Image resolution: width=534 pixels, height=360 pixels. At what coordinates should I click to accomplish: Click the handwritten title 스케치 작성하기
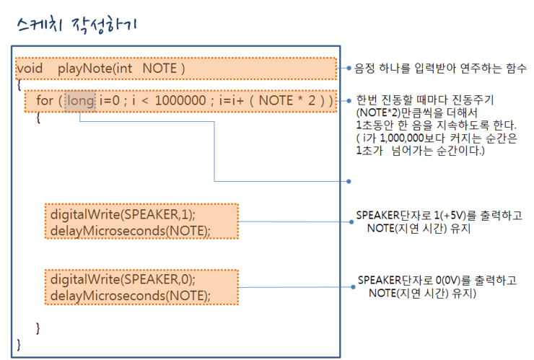coord(77,25)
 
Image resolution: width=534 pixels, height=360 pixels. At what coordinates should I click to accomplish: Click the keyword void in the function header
coord(30,69)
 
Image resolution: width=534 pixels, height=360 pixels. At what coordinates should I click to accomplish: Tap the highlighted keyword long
coord(80,101)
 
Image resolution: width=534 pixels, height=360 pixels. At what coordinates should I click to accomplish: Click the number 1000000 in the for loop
coord(180,100)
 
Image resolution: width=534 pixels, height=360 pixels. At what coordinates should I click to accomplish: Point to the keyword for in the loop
coord(45,100)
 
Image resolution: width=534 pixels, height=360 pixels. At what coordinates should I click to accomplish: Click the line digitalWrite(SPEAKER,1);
coord(123,214)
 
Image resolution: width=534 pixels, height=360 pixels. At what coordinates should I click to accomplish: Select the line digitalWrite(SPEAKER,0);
coord(123,280)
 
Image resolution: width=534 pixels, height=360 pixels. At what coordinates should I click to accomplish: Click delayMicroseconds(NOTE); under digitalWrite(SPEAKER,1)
coord(131,231)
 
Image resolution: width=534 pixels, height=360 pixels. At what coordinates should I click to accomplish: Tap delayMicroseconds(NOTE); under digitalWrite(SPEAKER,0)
coord(131,296)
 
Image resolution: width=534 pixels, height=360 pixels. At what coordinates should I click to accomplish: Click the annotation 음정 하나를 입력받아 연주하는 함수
coord(440,68)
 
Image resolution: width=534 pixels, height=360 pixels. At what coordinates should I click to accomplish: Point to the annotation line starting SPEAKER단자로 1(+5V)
coord(439,215)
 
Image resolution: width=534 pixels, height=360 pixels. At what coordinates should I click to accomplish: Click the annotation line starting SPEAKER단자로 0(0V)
coord(437,281)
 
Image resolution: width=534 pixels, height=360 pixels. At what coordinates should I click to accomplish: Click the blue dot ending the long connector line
coord(349,181)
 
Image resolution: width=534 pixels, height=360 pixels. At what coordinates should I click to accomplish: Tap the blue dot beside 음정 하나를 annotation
coord(349,68)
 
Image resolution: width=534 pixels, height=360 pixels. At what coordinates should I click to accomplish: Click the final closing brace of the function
coord(19,345)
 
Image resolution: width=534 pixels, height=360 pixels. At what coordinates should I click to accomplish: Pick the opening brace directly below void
coord(19,84)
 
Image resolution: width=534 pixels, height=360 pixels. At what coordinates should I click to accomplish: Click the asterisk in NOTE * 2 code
coord(300,99)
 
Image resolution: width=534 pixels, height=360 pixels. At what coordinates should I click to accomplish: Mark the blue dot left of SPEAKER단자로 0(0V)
coord(353,287)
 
